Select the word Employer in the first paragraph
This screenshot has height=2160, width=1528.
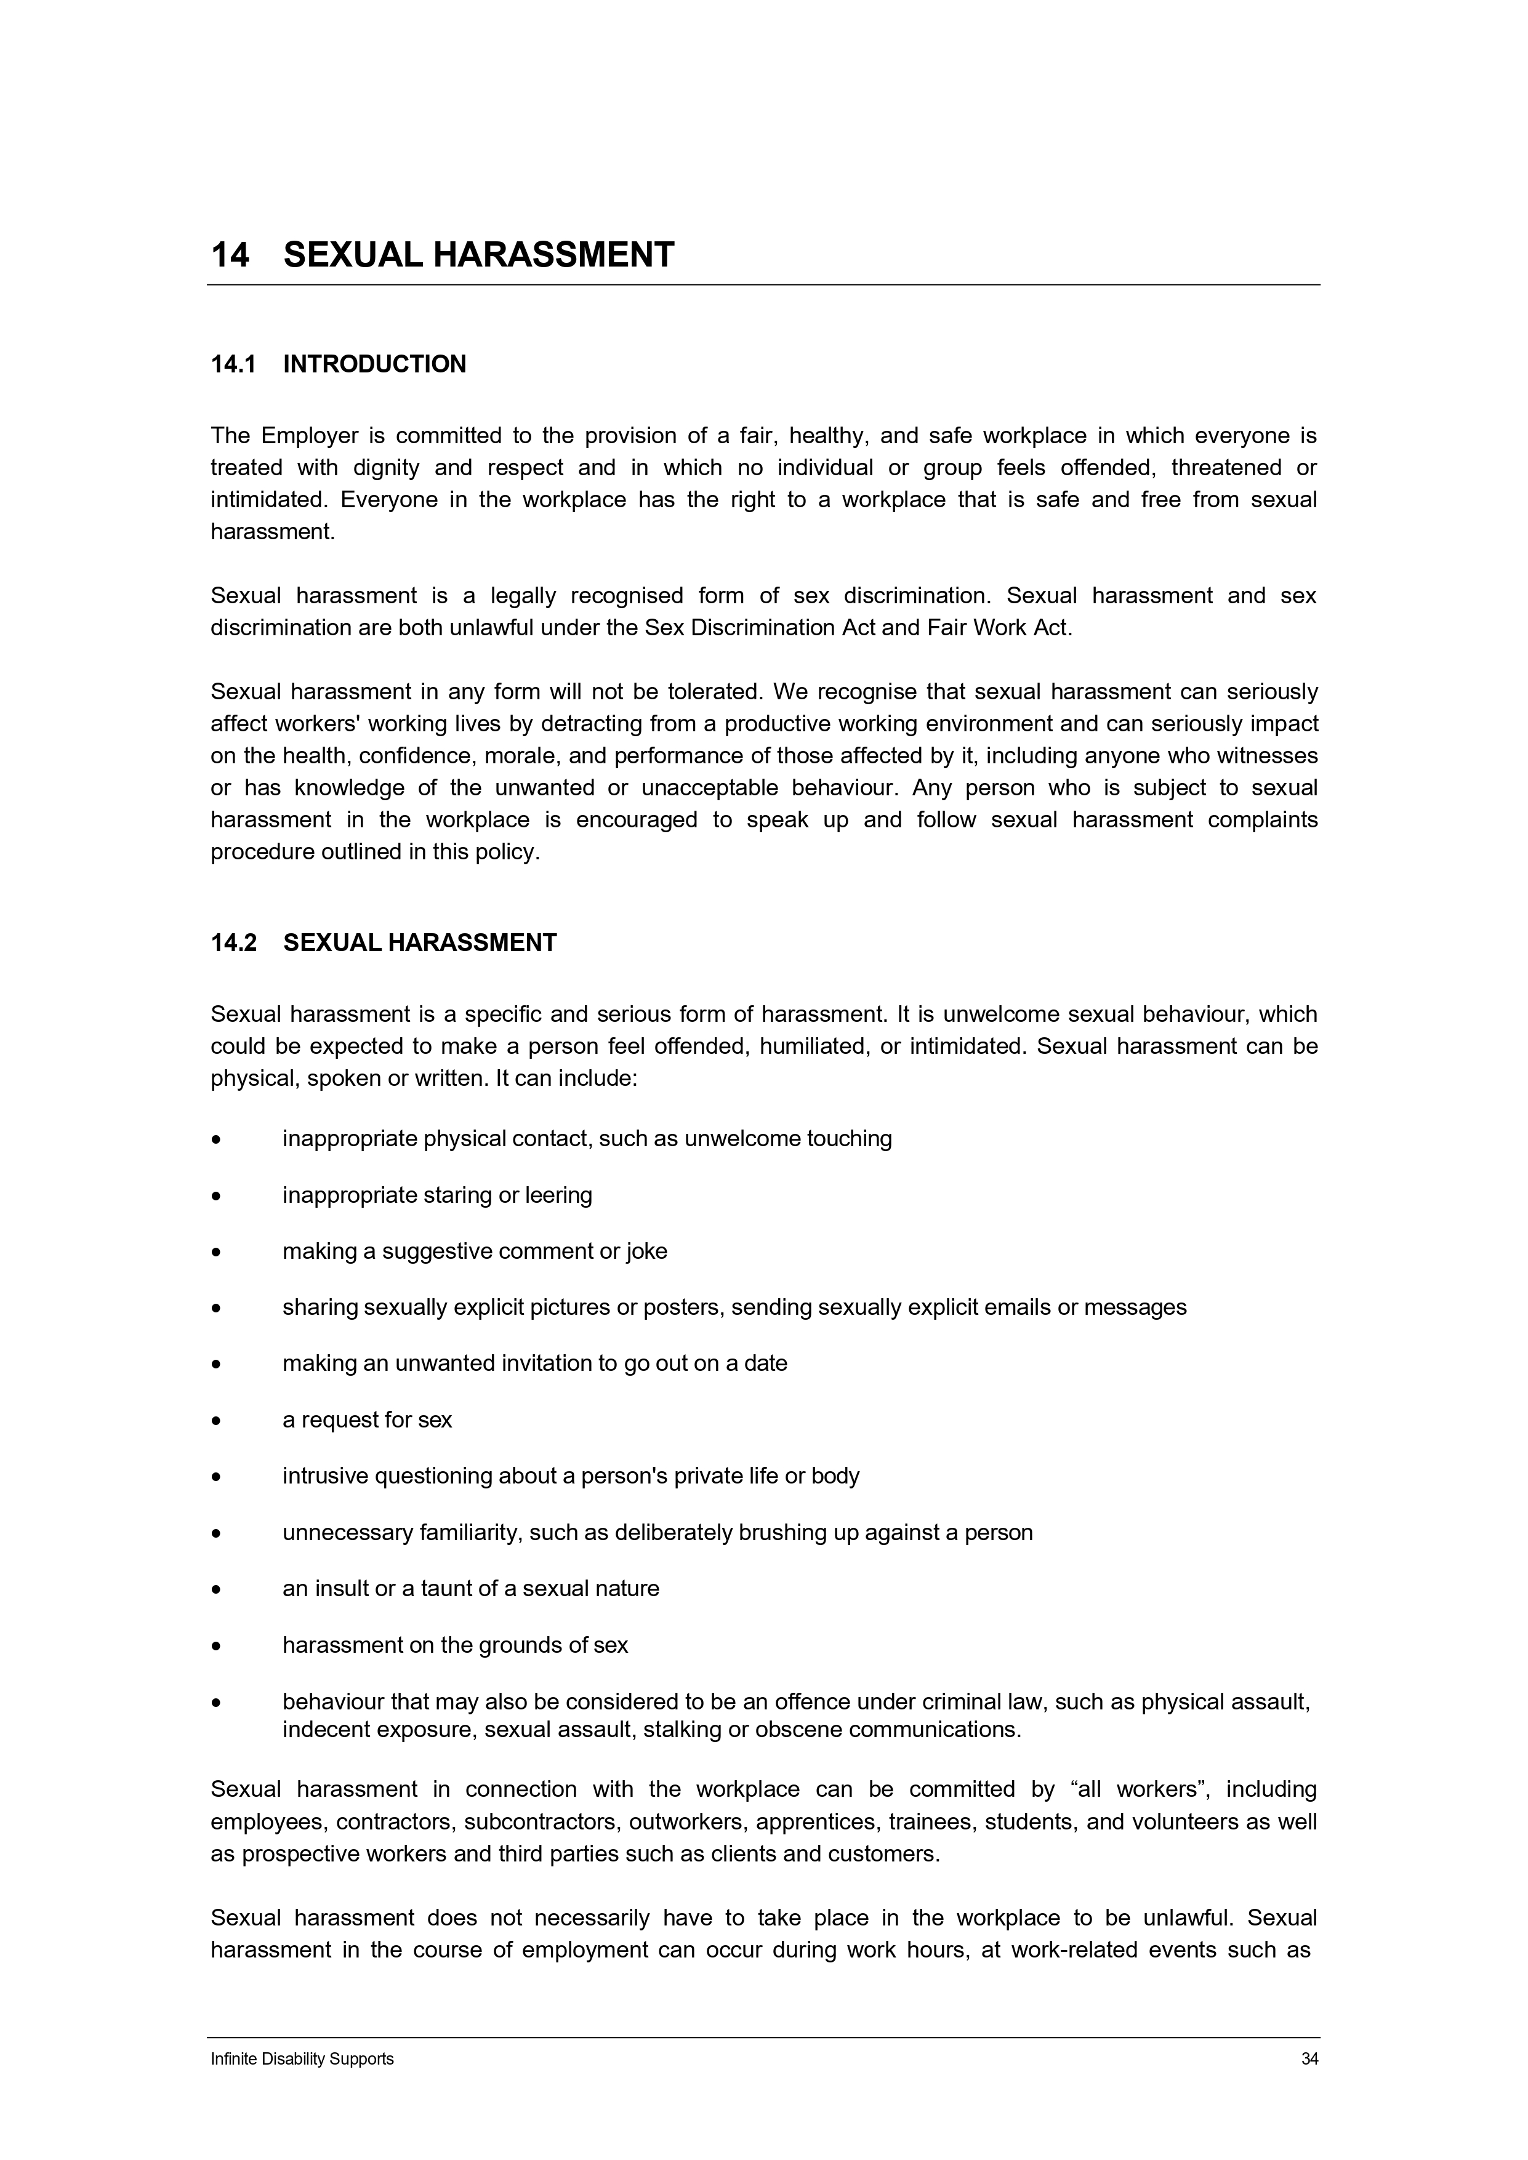click(310, 436)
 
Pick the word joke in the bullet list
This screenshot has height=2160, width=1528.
click(647, 1251)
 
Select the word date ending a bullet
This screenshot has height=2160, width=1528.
click(765, 1363)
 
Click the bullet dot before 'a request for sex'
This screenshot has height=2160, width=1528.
click(217, 1421)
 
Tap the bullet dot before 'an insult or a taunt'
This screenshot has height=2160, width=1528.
click(217, 1591)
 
